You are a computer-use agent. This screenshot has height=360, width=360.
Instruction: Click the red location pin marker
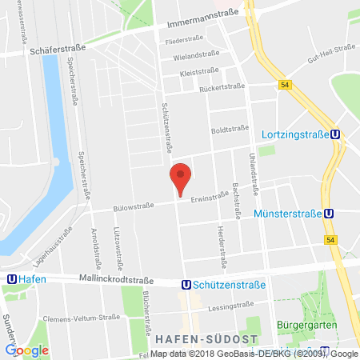[x=182, y=178]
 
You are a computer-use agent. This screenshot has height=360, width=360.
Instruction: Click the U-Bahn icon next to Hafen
[x=10, y=278]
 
